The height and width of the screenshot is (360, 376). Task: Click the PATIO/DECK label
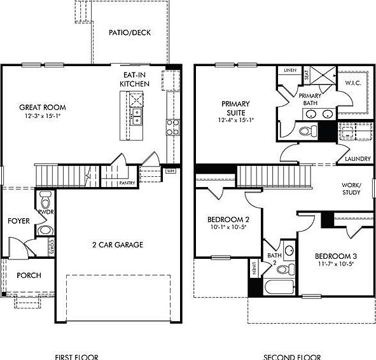pos(129,33)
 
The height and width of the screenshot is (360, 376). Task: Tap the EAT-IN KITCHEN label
pos(136,80)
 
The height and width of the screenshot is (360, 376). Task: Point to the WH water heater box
pos(170,171)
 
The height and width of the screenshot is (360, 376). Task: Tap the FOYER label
pos(18,221)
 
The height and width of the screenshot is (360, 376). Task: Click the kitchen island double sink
pos(136,114)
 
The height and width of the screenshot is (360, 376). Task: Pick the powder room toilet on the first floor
pos(45,197)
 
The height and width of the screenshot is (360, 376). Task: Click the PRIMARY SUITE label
pos(235,108)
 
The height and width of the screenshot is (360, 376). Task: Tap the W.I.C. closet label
pos(353,83)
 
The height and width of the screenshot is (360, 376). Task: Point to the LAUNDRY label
pos(354,159)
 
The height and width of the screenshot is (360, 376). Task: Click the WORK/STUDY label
pos(351,188)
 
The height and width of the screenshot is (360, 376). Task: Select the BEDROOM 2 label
pos(223,219)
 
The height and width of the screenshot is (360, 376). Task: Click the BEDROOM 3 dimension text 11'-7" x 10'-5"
pos(335,263)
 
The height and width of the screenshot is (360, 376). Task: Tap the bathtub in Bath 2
pos(278,287)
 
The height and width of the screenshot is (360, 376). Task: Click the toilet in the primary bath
pos(307,131)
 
